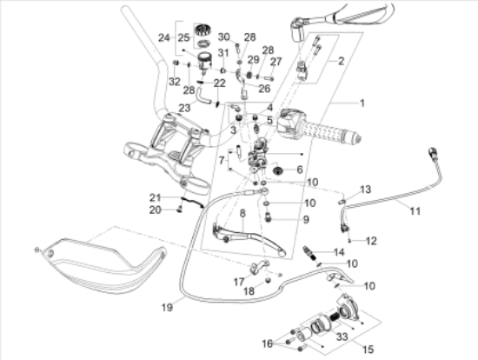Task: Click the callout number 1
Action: coord(362,103)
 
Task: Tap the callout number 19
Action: coord(167,307)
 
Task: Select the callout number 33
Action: coord(342,337)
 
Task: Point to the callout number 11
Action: coord(415,210)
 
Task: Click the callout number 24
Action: coord(164,38)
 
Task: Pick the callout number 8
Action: coord(242,213)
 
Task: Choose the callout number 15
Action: coord(368,349)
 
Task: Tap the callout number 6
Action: coord(300,170)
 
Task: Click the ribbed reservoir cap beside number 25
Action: coord(202,30)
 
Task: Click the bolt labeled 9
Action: coord(269,217)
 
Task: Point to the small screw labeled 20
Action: coord(180,210)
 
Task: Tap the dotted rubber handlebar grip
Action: coord(331,134)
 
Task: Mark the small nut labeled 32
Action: coord(176,63)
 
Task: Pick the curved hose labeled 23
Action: coord(202,97)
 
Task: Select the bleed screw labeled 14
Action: coord(309,253)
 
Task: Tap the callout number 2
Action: coord(342,61)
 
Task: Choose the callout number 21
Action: coord(155,197)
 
